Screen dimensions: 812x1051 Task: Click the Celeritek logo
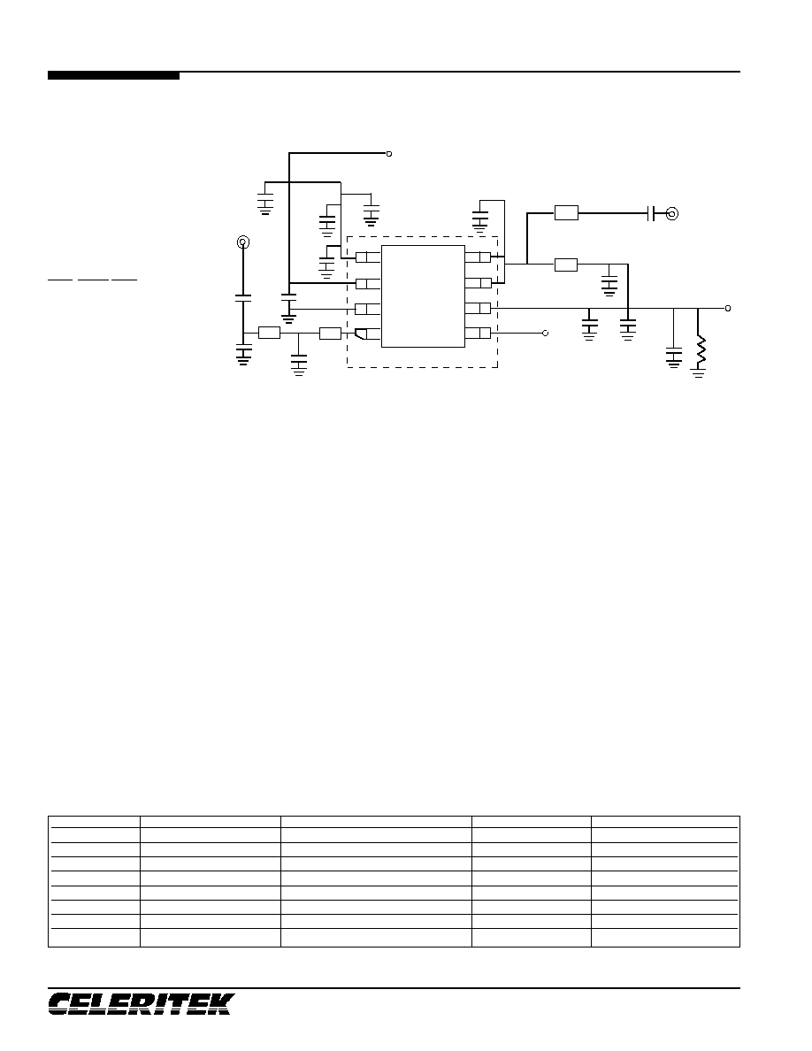point(141,1003)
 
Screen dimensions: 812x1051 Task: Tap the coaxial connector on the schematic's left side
point(243,242)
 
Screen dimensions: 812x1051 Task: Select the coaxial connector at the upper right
point(671,214)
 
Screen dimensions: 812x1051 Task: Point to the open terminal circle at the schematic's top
point(389,154)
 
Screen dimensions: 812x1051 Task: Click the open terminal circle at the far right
point(728,309)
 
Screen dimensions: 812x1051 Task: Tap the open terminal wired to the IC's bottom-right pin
point(546,334)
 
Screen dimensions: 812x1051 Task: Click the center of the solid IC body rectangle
point(423,296)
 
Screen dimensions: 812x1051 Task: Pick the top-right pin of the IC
point(478,257)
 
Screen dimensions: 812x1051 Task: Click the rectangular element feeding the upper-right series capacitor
point(566,214)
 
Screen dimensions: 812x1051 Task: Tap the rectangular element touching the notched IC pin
point(330,334)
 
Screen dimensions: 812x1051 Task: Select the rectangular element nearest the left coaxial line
point(269,334)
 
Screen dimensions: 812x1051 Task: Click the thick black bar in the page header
point(113,76)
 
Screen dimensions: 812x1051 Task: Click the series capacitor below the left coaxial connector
point(243,298)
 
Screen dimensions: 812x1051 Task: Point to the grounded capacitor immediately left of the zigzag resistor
point(673,357)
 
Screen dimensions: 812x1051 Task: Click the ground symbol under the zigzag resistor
point(699,372)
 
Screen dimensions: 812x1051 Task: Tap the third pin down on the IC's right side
point(478,309)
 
